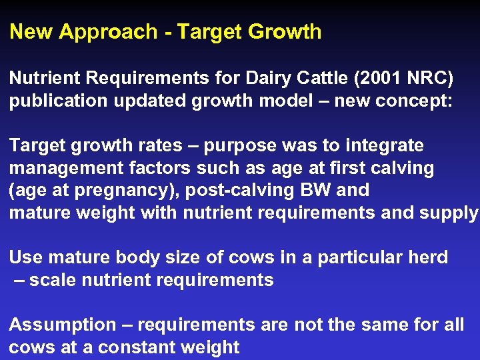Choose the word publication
[x=57, y=101]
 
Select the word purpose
[x=235, y=145]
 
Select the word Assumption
[x=63, y=325]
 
